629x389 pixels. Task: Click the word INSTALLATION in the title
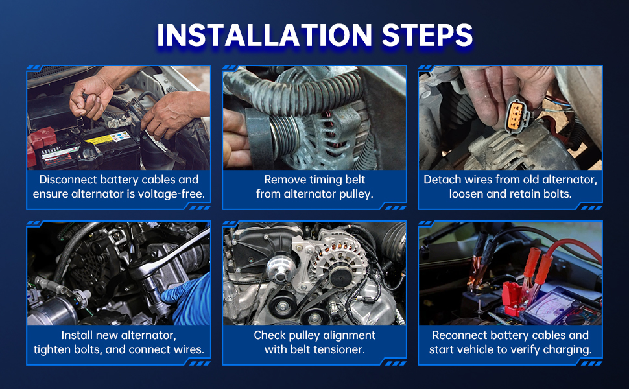265,35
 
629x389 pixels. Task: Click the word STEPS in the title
427,35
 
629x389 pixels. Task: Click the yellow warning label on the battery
108,138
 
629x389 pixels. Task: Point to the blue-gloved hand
189,299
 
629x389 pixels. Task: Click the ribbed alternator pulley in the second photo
284,132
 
